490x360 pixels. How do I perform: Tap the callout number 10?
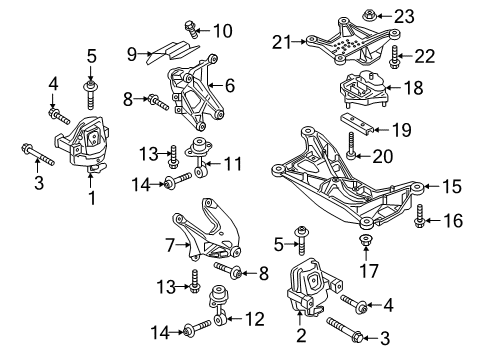click(222, 30)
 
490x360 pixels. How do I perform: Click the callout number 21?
click(279, 41)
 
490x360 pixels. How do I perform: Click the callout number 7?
click(171, 243)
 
